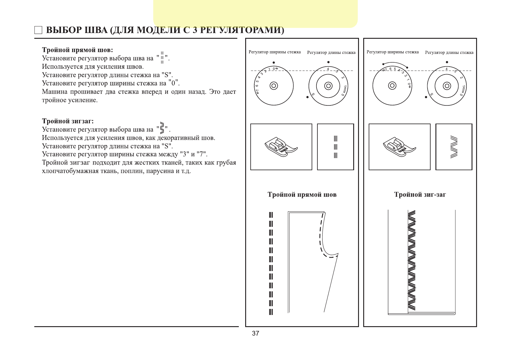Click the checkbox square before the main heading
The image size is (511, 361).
pos(38,30)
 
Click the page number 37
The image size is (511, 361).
pos(255,333)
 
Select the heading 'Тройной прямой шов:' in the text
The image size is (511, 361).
pos(77,50)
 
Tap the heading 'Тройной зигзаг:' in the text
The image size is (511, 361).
pos(68,121)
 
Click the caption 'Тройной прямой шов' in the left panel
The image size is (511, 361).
pos(302,194)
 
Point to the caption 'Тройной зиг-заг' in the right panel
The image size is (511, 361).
pos(420,194)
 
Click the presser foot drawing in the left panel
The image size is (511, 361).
pos(281,147)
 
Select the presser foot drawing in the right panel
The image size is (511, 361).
pos(399,147)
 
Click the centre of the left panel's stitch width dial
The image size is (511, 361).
pos(274,86)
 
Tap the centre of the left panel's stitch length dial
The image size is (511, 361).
pos(328,86)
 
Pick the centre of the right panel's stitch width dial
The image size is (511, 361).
pos(392,86)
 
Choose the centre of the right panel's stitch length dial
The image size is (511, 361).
pos(447,86)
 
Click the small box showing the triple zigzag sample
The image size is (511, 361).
pos(454,147)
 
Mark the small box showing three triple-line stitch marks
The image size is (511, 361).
pos(335,147)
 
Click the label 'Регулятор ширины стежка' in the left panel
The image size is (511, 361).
pos(275,52)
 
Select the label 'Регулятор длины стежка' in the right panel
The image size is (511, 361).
pos(449,52)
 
